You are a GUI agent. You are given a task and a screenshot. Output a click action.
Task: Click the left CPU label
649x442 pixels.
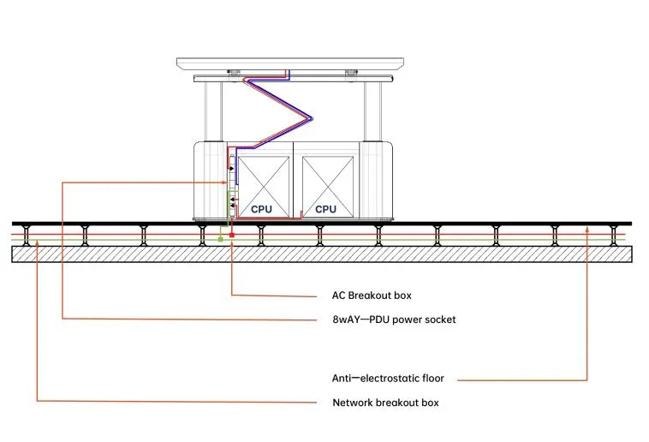pos(260,209)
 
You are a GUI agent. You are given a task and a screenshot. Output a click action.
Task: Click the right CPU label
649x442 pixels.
pos(325,209)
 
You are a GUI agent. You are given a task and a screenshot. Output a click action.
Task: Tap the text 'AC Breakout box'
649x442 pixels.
pos(371,296)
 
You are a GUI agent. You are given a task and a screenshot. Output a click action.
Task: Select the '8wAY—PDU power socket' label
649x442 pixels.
pos(394,320)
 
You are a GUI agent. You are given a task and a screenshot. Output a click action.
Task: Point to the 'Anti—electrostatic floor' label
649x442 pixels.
pos(388,378)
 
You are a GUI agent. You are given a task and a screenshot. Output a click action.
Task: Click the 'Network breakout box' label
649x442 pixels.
pos(385,403)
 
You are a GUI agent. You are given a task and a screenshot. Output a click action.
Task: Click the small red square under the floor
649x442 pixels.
pos(231,235)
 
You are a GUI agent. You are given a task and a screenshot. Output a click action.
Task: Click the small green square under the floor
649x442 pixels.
pos(220,239)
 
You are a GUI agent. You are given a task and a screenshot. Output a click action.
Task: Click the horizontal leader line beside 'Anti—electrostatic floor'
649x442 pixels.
pos(522,379)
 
